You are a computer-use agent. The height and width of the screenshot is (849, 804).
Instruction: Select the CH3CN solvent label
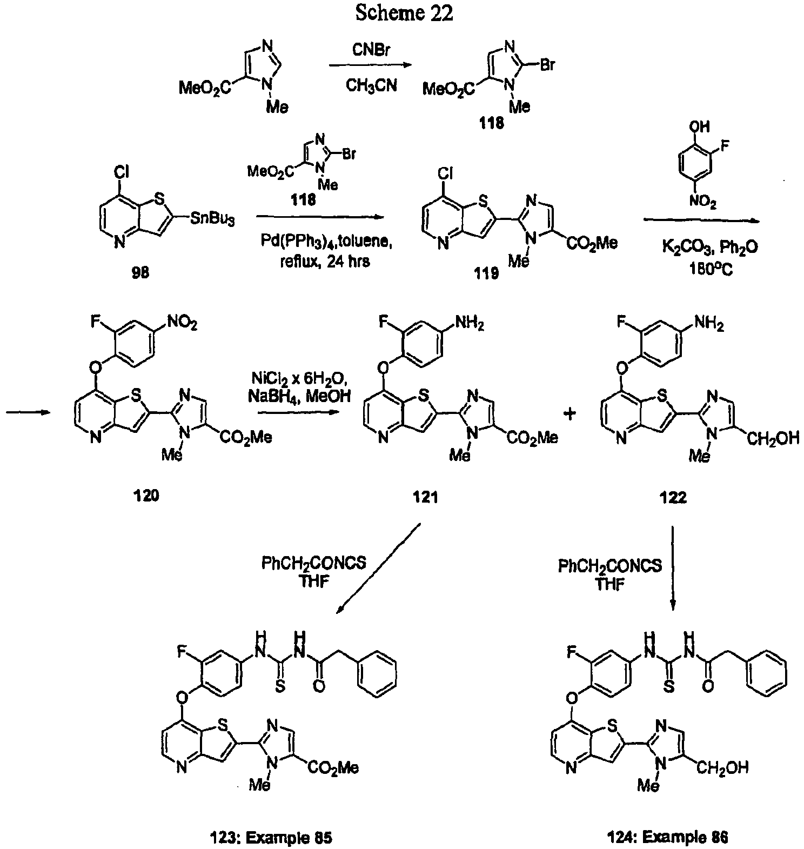tap(371, 85)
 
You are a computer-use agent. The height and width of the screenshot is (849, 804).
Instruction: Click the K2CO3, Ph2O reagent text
tap(709, 248)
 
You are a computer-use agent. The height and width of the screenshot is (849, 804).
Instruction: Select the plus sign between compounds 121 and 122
tap(569, 414)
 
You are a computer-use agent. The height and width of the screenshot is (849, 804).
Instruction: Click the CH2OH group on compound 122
tap(773, 438)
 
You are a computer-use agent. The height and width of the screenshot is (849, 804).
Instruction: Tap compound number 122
tap(673, 497)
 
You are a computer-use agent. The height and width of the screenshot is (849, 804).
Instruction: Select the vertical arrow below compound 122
tap(673, 568)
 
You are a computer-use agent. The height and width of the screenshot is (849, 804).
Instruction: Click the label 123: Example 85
tap(270, 837)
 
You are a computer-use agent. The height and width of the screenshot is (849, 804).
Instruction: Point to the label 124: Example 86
tap(666, 837)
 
